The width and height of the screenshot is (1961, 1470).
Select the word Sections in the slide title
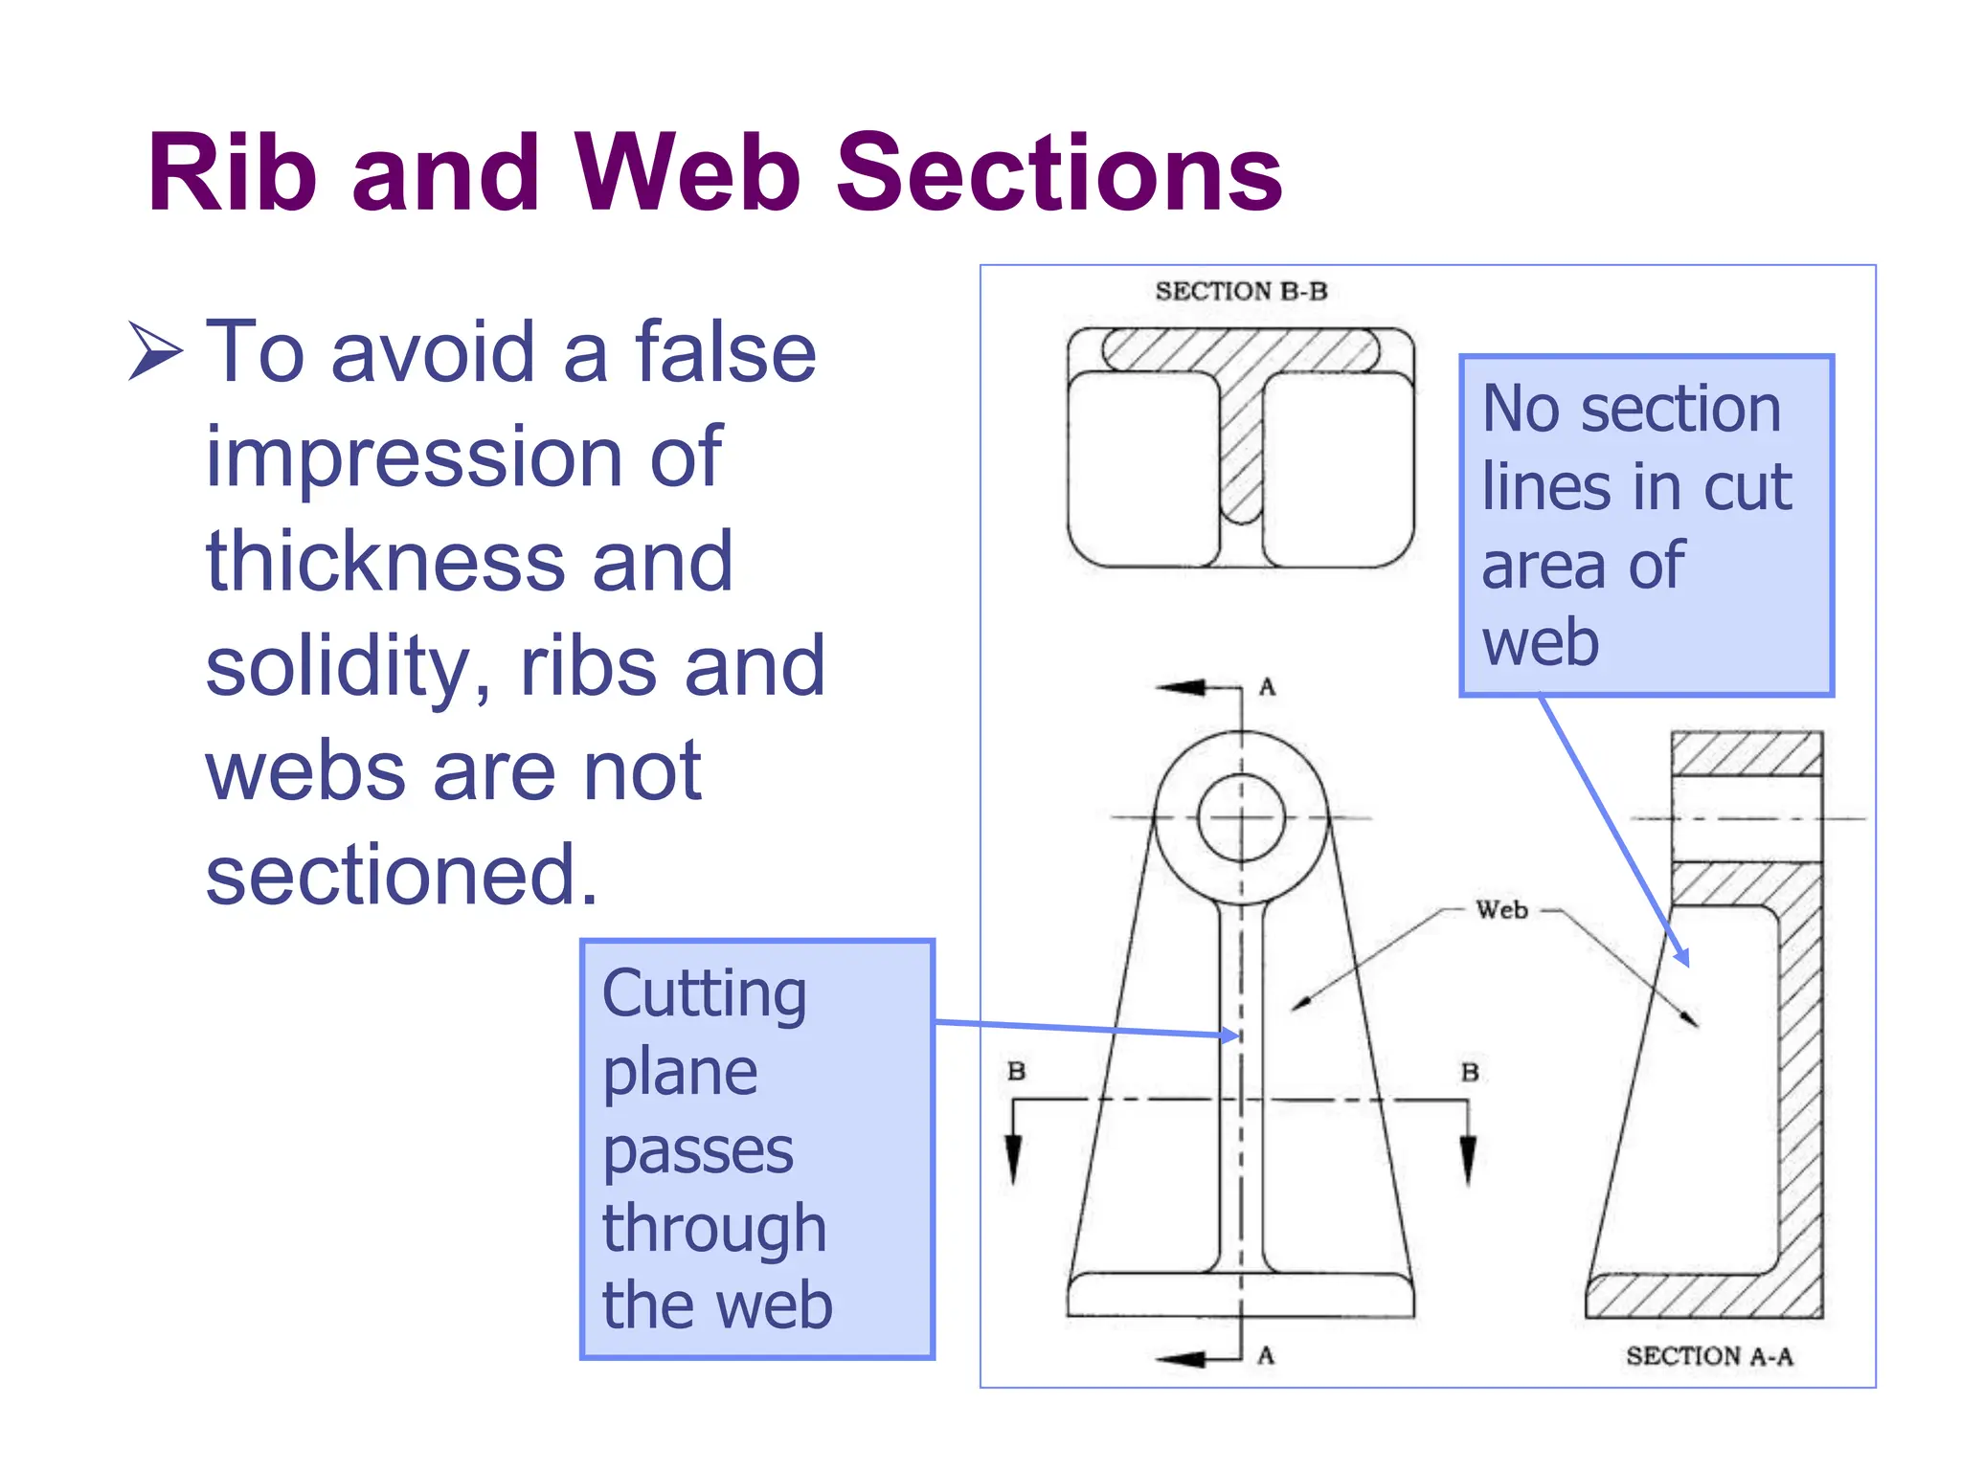[x=1059, y=174]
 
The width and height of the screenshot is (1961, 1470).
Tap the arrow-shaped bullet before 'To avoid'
[x=154, y=351]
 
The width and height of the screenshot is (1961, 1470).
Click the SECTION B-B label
[x=1241, y=291]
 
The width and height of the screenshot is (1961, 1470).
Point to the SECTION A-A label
[x=1709, y=1355]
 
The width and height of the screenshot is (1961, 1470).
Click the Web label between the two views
[x=1501, y=910]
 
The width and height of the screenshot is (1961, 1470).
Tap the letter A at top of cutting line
[x=1267, y=686]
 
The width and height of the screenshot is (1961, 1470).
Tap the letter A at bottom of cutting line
[x=1266, y=1355]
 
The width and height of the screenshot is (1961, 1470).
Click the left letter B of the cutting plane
[x=1016, y=1071]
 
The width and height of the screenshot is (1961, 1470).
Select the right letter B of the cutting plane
[x=1470, y=1072]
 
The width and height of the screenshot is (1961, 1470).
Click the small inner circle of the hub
[x=1241, y=818]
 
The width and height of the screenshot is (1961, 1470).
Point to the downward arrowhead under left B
[x=1013, y=1158]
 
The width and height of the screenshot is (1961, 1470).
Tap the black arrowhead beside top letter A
[x=1183, y=687]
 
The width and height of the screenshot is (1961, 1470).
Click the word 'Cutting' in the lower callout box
[x=704, y=993]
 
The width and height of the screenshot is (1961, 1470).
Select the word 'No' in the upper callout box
[x=1521, y=409]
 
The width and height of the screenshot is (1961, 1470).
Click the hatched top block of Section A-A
[x=1747, y=754]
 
